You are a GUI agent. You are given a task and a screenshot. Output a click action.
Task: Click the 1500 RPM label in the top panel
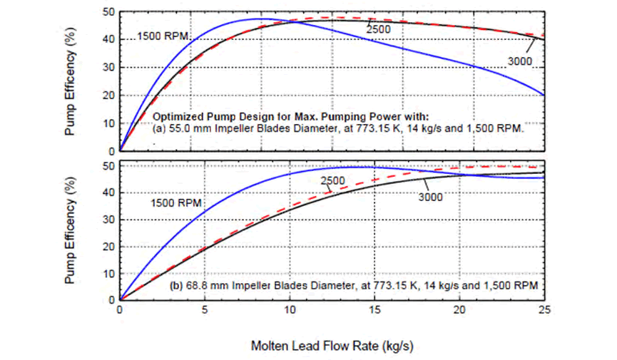click(x=163, y=36)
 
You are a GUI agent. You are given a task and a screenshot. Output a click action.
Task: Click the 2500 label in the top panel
click(x=379, y=29)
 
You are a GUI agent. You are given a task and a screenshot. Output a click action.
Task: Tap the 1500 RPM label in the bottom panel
click(x=177, y=204)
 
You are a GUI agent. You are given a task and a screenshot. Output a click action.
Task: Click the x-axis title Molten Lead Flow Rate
click(x=332, y=346)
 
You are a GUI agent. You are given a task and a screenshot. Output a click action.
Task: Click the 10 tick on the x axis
click(x=290, y=310)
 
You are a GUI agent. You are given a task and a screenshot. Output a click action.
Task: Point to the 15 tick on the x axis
click(x=375, y=310)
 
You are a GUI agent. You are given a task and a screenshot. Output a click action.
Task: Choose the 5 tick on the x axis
click(x=205, y=310)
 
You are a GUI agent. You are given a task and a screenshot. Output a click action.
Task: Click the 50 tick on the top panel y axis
click(x=108, y=12)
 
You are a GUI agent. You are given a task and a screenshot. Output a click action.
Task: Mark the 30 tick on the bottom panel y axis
click(x=108, y=220)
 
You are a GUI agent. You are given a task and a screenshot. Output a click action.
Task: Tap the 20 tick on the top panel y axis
click(x=108, y=96)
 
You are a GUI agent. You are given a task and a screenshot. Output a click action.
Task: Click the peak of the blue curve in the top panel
click(x=262, y=19)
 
